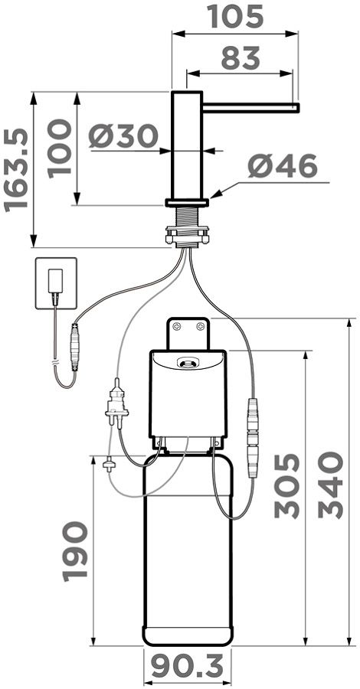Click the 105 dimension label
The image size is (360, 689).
(x=237, y=16)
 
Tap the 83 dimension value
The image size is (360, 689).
(x=241, y=58)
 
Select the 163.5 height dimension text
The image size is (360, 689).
(x=16, y=170)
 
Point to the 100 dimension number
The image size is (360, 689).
(x=59, y=148)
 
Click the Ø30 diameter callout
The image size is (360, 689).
(x=123, y=136)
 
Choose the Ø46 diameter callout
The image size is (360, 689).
(x=282, y=166)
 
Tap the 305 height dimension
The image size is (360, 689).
(x=287, y=485)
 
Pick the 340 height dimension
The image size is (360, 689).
(x=331, y=485)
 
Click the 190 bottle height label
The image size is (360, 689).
(x=75, y=551)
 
